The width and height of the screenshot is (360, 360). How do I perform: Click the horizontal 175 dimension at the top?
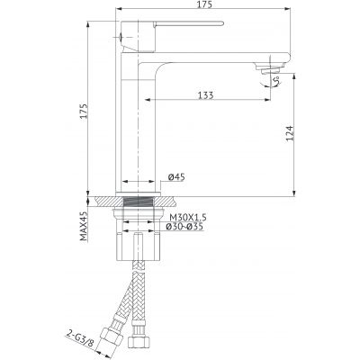[x=205, y=4]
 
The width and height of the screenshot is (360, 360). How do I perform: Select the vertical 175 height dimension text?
[x=84, y=111]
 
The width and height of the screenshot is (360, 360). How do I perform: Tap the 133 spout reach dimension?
[x=206, y=95]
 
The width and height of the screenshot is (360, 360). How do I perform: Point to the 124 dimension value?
[x=289, y=133]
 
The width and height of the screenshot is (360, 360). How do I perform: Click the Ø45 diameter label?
[x=176, y=177]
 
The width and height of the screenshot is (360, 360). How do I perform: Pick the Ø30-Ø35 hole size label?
[x=185, y=227]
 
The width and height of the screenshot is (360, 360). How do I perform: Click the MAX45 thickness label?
[x=84, y=226]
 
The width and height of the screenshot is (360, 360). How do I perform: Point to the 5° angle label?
[x=276, y=80]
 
